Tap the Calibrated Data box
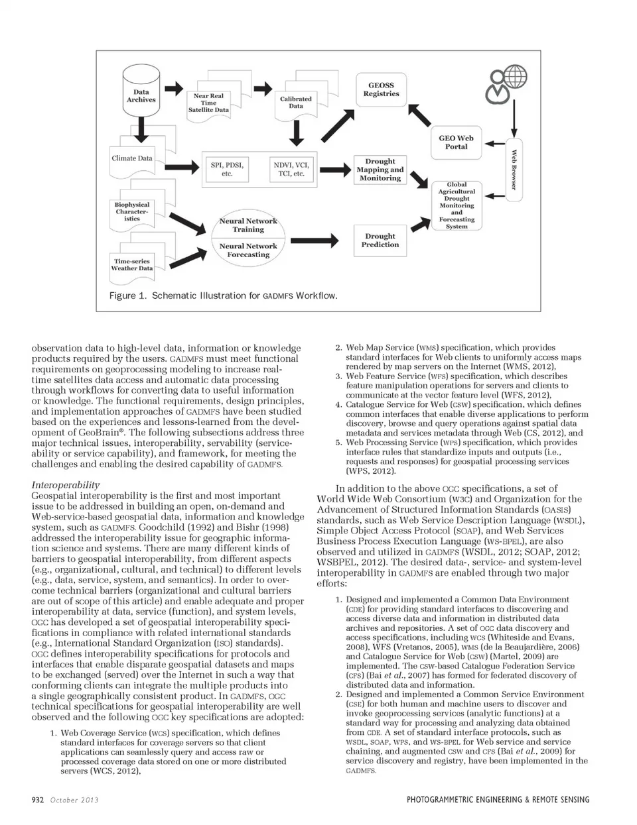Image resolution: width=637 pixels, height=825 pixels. tap(295, 103)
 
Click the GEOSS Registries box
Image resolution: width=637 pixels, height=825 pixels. tap(381, 90)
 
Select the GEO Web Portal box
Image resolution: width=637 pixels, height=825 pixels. tap(456, 142)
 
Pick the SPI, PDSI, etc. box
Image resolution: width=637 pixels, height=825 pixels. tap(227, 169)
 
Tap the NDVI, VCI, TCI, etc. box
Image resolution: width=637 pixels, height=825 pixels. tap(291, 169)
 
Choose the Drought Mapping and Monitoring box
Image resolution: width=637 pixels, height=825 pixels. tap(380, 170)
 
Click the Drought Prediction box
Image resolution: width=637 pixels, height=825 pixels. tap(380, 241)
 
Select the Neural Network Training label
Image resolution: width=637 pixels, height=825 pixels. tap(248, 225)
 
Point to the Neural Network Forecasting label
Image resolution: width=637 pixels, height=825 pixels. tap(248, 250)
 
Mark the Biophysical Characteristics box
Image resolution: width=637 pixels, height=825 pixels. tap(132, 212)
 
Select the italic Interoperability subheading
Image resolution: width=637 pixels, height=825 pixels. tap(66, 485)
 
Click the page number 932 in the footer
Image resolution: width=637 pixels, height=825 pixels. tap(37, 800)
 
